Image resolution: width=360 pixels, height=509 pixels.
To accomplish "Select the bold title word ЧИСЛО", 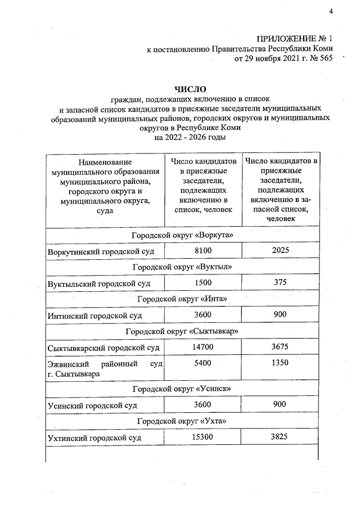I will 191,89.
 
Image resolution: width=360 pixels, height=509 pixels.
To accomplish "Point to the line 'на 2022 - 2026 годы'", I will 191,138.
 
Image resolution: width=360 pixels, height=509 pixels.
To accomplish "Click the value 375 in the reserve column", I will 280,282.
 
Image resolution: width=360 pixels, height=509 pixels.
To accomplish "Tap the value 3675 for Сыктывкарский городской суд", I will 280,348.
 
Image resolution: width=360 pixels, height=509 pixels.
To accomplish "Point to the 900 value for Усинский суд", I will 280,404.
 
